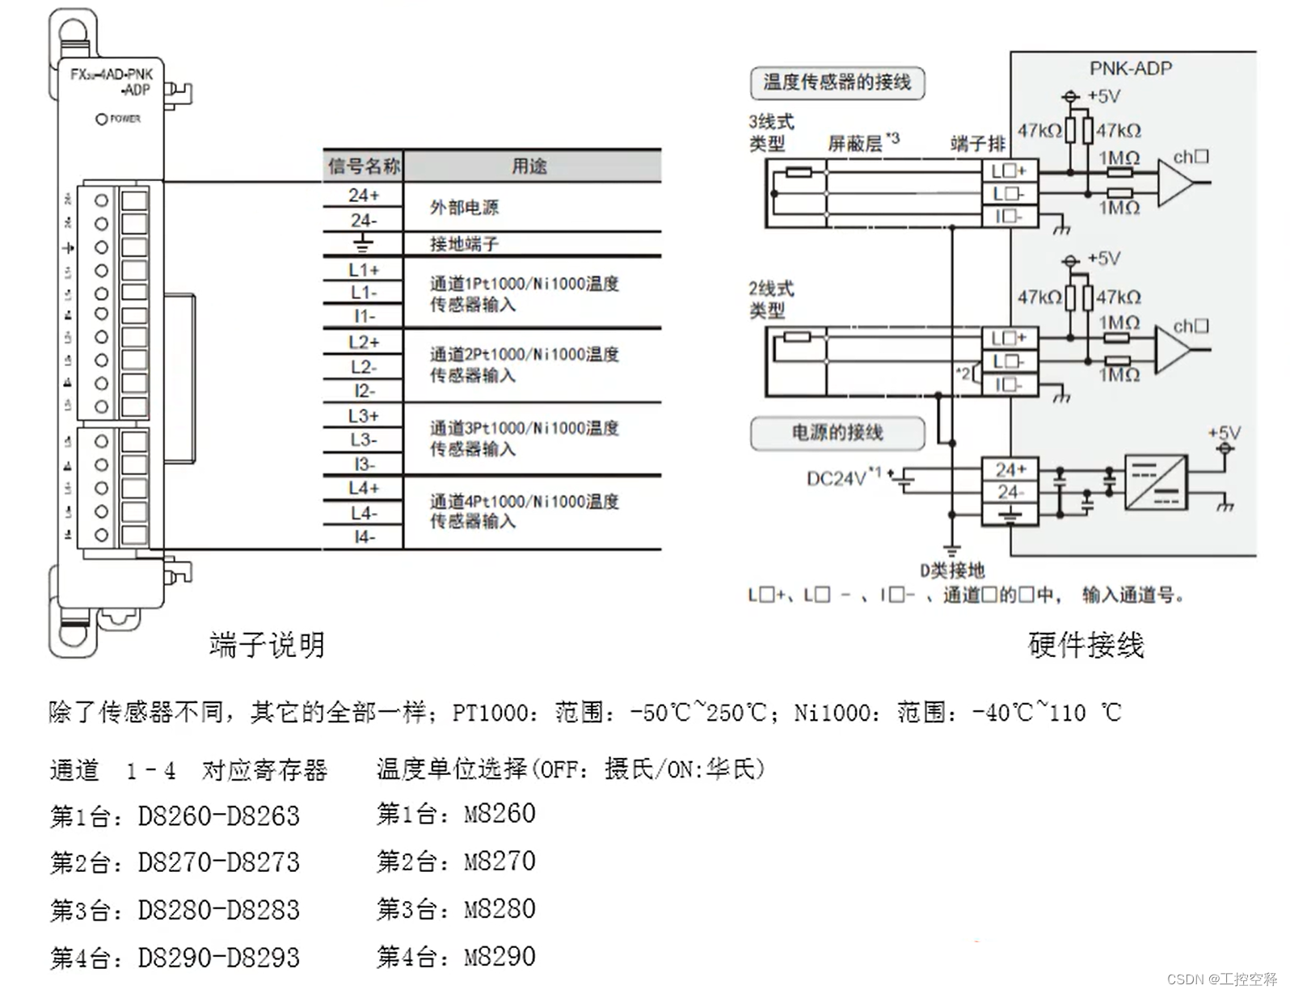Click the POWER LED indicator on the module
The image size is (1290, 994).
101,119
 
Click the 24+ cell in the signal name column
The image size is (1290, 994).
363,195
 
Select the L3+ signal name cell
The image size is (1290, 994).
363,415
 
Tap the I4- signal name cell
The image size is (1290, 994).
363,537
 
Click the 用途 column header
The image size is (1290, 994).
530,166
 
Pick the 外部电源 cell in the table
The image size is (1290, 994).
464,208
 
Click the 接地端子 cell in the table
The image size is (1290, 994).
464,243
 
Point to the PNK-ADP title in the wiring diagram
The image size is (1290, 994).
1130,69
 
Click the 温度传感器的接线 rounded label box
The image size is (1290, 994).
837,82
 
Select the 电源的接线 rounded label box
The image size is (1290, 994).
837,432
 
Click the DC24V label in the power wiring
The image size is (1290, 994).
836,478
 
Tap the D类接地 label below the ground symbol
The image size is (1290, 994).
952,571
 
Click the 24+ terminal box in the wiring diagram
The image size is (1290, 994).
1010,470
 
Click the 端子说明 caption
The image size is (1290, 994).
267,645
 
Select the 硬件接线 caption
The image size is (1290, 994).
1086,645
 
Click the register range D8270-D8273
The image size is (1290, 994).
218,863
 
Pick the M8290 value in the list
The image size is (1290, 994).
500,957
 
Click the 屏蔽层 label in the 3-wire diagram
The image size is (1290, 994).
855,144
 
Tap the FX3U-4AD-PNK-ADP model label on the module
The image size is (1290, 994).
112,82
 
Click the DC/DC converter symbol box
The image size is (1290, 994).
1156,482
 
